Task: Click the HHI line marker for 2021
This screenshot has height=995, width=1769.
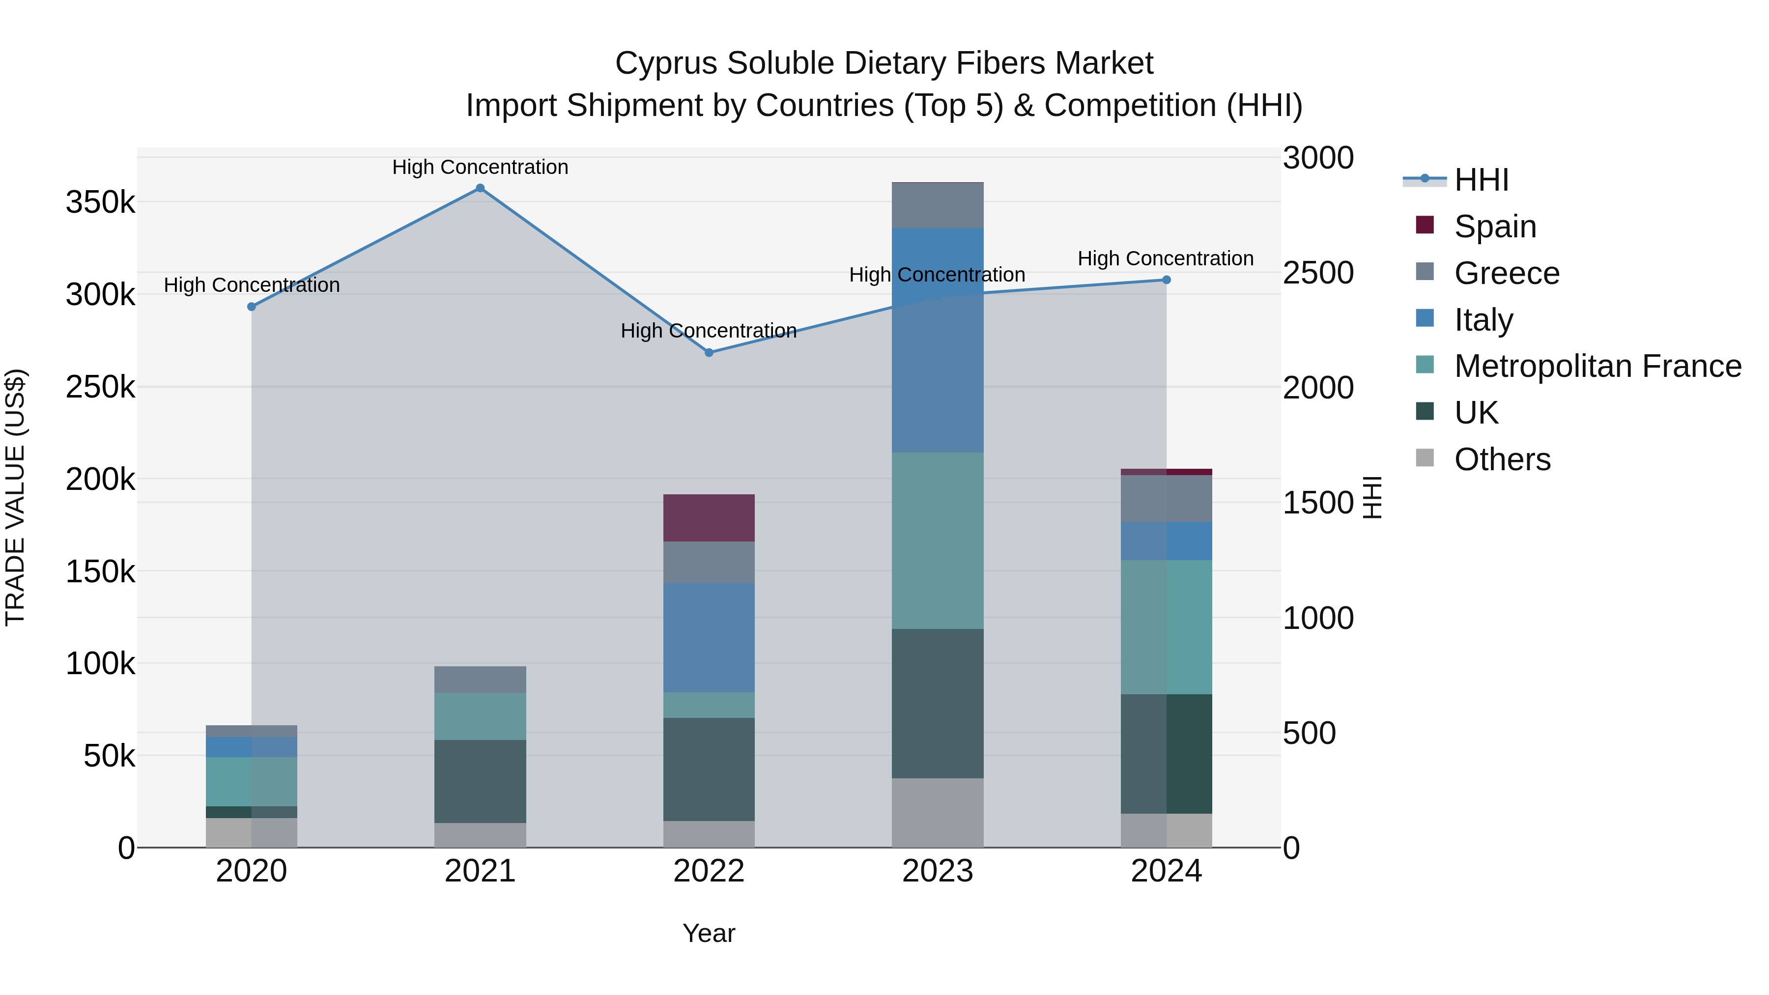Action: pos(480,188)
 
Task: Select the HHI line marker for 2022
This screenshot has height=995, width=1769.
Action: pos(709,352)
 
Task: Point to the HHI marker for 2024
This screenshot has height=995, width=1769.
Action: pos(1166,280)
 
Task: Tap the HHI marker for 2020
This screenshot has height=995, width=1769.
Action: pos(251,307)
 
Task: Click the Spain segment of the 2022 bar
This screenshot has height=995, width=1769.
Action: pos(709,518)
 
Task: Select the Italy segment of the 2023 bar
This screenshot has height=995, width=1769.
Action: pos(938,340)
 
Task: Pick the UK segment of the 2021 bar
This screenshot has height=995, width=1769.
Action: pos(480,781)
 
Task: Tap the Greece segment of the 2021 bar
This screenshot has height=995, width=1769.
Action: pos(480,679)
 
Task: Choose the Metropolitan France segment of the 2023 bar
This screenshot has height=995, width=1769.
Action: pos(938,540)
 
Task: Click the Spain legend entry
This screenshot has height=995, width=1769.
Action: pos(1495,227)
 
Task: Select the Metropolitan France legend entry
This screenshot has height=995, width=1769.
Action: pos(1598,367)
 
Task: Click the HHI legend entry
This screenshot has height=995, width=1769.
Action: pos(1481,180)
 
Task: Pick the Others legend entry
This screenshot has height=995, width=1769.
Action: pos(1502,459)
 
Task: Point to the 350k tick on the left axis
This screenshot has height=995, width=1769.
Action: pos(100,202)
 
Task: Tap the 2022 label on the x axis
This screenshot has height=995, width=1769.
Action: pos(709,871)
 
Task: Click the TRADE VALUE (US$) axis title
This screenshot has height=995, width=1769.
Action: pos(15,497)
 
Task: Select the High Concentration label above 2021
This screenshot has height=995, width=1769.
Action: pos(480,167)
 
